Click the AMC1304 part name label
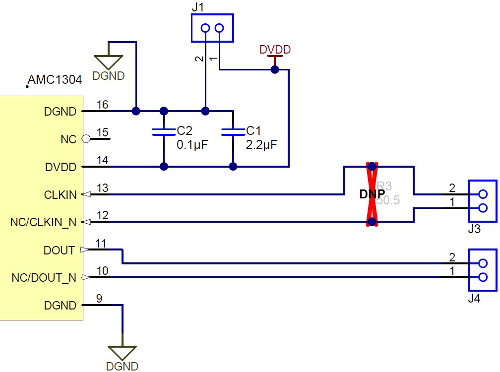[x=55, y=80]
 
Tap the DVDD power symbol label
[x=275, y=50]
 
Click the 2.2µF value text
[x=261, y=145]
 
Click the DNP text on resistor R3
[x=372, y=194]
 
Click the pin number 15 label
[x=102, y=133]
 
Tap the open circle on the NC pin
[x=86, y=139]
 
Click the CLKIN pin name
[x=60, y=195]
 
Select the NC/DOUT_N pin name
[x=44, y=278]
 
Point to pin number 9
[x=99, y=299]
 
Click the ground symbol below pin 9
[x=122, y=353]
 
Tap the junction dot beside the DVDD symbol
[x=275, y=70]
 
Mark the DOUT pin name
[x=59, y=250]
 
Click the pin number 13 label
[x=102, y=188]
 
